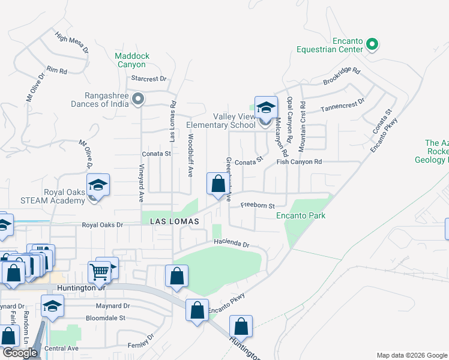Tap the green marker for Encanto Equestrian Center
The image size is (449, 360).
click(372, 44)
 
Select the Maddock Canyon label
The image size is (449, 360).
click(130, 61)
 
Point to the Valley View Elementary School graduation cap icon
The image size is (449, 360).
click(266, 108)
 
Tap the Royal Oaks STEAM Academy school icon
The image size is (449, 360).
click(98, 185)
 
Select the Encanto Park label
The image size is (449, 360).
click(300, 215)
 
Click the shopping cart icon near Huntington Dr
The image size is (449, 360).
click(99, 271)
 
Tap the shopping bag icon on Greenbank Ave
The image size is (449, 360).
click(218, 184)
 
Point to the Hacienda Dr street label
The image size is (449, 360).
click(232, 244)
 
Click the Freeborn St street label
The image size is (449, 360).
click(257, 205)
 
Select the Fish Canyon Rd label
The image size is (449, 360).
click(299, 162)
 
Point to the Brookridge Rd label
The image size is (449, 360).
click(341, 76)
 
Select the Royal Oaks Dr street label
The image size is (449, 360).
click(102, 225)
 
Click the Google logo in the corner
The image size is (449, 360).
click(20, 352)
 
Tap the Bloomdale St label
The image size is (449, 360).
click(105, 317)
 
